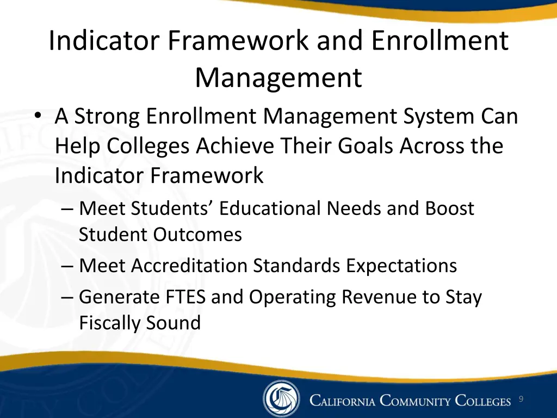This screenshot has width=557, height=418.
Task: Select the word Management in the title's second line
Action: tap(278, 77)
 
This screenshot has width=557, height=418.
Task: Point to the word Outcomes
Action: tap(197, 235)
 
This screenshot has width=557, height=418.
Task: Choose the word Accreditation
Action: tap(189, 266)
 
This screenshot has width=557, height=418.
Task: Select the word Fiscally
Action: tap(109, 323)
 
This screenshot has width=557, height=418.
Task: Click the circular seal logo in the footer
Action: tap(281, 399)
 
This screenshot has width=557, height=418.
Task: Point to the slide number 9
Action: tap(521, 399)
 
